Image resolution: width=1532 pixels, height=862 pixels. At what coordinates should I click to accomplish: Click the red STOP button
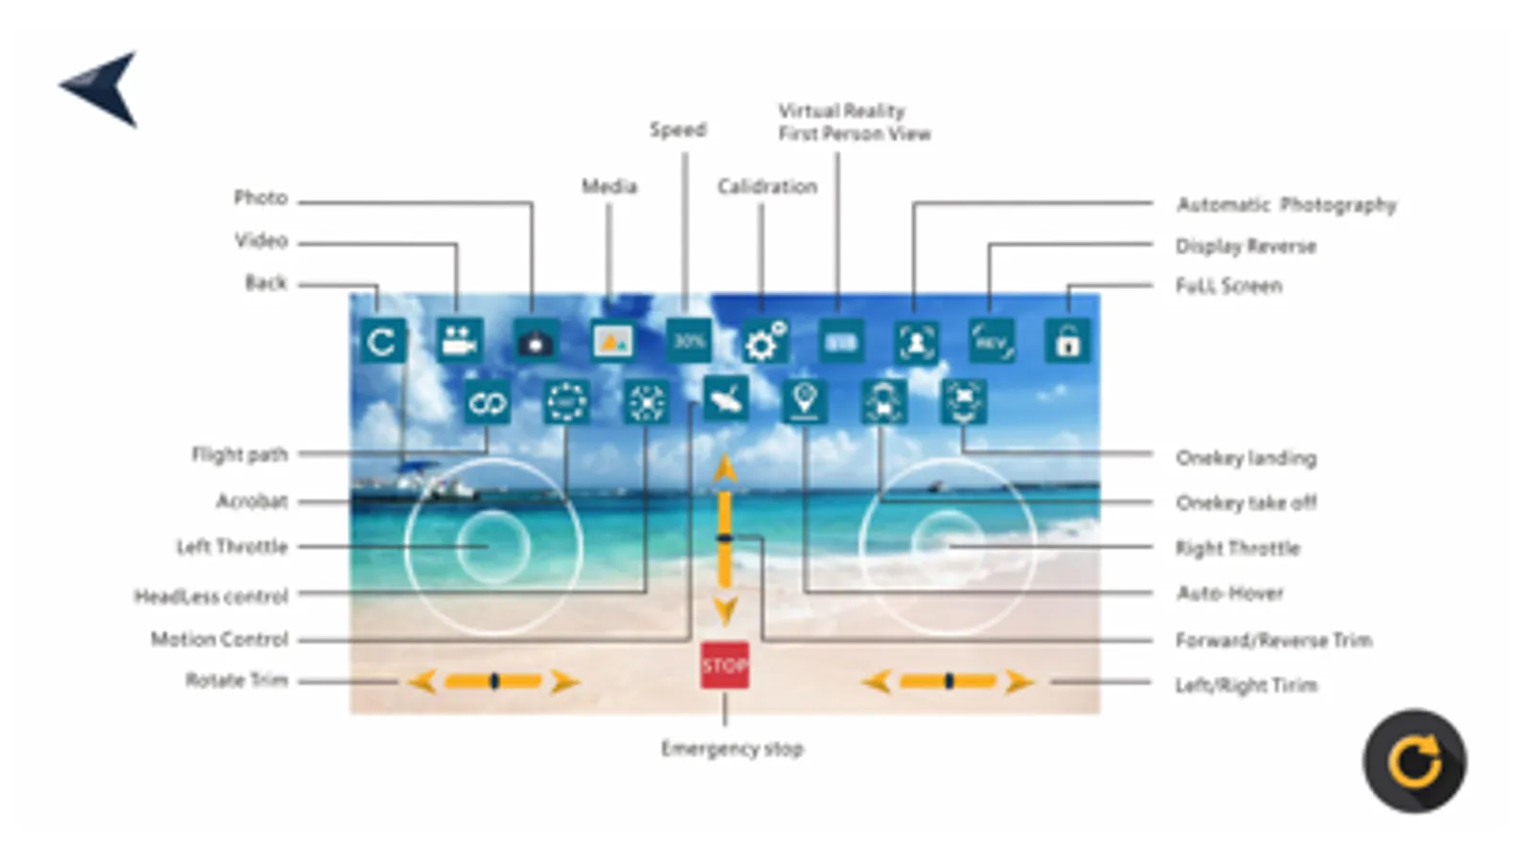tap(724, 666)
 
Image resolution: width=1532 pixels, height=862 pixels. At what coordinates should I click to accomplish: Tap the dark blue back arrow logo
tap(103, 87)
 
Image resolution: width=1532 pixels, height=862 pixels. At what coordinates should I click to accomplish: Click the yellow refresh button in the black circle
tap(1414, 761)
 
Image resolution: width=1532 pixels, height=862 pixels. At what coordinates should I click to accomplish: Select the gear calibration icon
tap(764, 342)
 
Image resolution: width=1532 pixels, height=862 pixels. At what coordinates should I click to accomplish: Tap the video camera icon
tap(459, 341)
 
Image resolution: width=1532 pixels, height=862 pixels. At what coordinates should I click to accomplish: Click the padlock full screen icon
tap(1066, 341)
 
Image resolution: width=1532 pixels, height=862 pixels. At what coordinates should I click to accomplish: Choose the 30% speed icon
tap(689, 341)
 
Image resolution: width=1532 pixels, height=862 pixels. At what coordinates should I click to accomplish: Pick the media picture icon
tap(612, 341)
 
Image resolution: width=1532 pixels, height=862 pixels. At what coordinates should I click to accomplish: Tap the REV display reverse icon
tap(992, 341)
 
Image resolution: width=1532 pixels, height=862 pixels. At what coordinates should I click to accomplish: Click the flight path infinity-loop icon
tap(487, 402)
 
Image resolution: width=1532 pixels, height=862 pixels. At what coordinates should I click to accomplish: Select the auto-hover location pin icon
tap(805, 400)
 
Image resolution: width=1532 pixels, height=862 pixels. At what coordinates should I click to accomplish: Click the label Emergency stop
tap(732, 749)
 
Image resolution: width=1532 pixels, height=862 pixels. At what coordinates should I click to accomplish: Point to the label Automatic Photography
tap(1286, 205)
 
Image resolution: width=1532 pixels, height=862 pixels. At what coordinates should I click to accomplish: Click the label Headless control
tap(211, 597)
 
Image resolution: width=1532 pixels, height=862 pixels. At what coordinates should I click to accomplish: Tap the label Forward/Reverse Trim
tap(1273, 640)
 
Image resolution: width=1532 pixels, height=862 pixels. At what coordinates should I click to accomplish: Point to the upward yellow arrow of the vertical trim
tap(725, 469)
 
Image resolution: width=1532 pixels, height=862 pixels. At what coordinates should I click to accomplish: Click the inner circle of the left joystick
tap(492, 546)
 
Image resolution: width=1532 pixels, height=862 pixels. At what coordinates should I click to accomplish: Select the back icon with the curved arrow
tap(382, 342)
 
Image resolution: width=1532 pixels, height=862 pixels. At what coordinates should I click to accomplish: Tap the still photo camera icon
tap(536, 342)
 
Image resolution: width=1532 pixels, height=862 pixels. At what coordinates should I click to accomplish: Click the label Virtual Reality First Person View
tap(853, 123)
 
